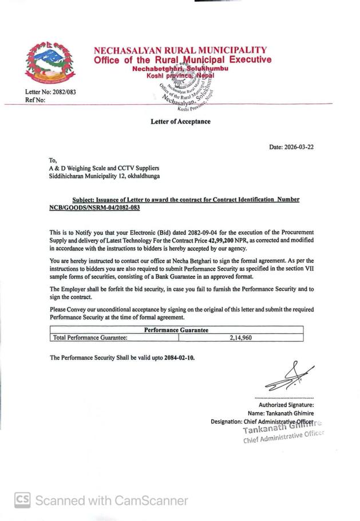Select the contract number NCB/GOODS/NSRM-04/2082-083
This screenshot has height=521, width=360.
[x=95, y=207]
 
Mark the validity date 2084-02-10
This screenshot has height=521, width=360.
[x=179, y=358]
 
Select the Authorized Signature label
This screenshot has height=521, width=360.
[x=286, y=405]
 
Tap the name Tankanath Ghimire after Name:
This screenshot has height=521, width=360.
[x=290, y=413]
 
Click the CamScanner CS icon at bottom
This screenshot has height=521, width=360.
[x=22, y=500]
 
